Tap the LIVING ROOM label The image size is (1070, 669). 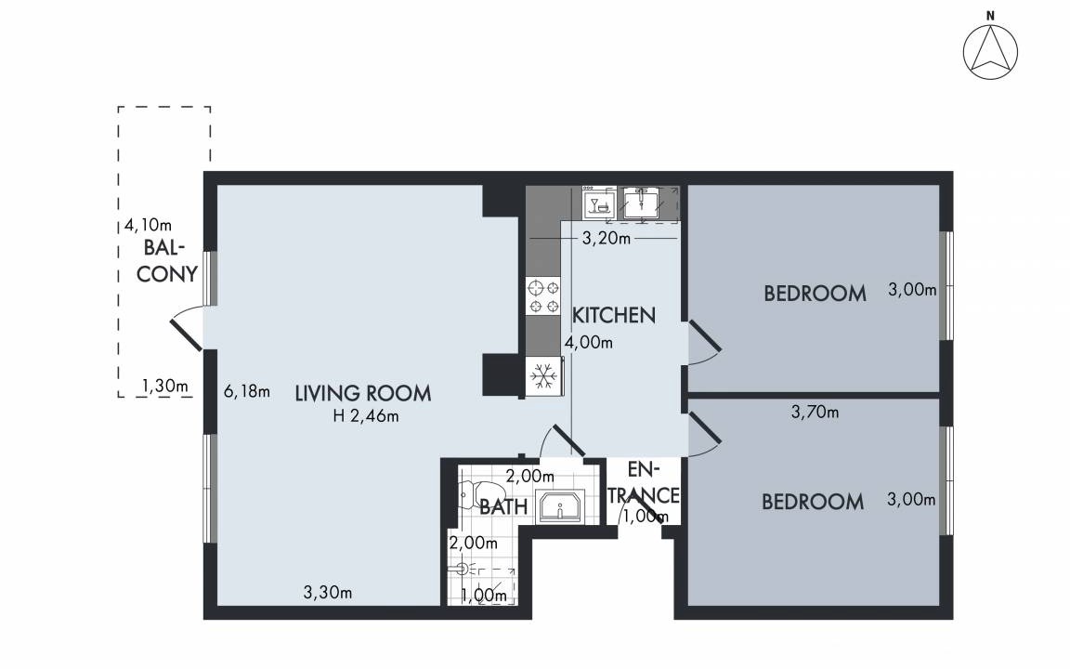[x=363, y=393]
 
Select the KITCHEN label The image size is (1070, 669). [x=613, y=315]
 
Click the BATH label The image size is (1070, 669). [x=503, y=506]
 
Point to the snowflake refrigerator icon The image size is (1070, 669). [x=544, y=376]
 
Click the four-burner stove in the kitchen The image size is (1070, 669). [x=544, y=296]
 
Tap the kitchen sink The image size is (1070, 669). [x=642, y=203]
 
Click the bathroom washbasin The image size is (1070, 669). [x=559, y=506]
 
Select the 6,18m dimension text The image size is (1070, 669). [x=247, y=392]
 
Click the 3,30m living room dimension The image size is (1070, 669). [x=328, y=593]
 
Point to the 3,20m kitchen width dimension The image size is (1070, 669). [x=606, y=238]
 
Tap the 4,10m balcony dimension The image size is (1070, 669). [x=148, y=225]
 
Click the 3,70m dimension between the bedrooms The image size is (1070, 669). [x=815, y=413]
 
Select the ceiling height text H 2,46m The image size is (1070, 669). [x=366, y=415]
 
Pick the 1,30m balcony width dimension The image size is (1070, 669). [x=164, y=387]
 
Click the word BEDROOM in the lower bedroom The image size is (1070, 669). [x=813, y=503]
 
